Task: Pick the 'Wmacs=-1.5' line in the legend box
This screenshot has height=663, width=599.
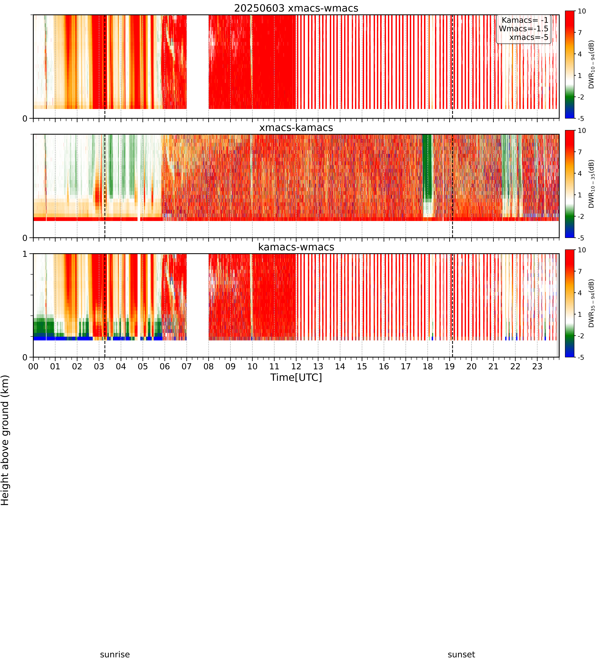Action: [x=524, y=29]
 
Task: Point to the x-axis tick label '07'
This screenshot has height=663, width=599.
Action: [x=187, y=366]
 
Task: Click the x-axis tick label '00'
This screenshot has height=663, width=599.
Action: [x=33, y=366]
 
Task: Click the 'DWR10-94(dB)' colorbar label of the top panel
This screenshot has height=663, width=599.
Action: [x=591, y=64]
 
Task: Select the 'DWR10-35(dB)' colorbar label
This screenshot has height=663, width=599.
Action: [x=591, y=184]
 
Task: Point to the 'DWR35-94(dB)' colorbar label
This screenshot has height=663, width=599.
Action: [x=591, y=303]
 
